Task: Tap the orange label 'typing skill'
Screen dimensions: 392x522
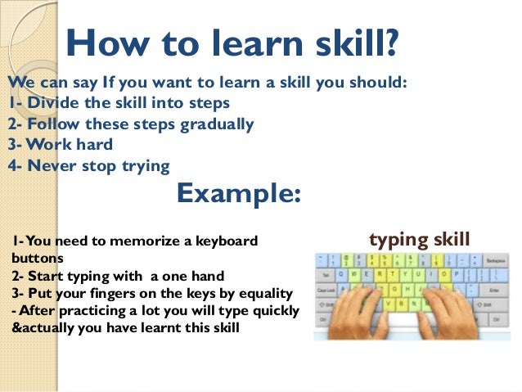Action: [420, 239]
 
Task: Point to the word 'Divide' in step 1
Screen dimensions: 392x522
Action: [52, 104]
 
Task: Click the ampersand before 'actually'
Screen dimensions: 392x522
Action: [16, 329]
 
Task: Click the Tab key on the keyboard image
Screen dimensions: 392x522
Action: [326, 275]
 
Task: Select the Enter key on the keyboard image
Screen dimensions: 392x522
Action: [493, 290]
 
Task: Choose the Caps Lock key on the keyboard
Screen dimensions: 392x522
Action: [327, 290]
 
